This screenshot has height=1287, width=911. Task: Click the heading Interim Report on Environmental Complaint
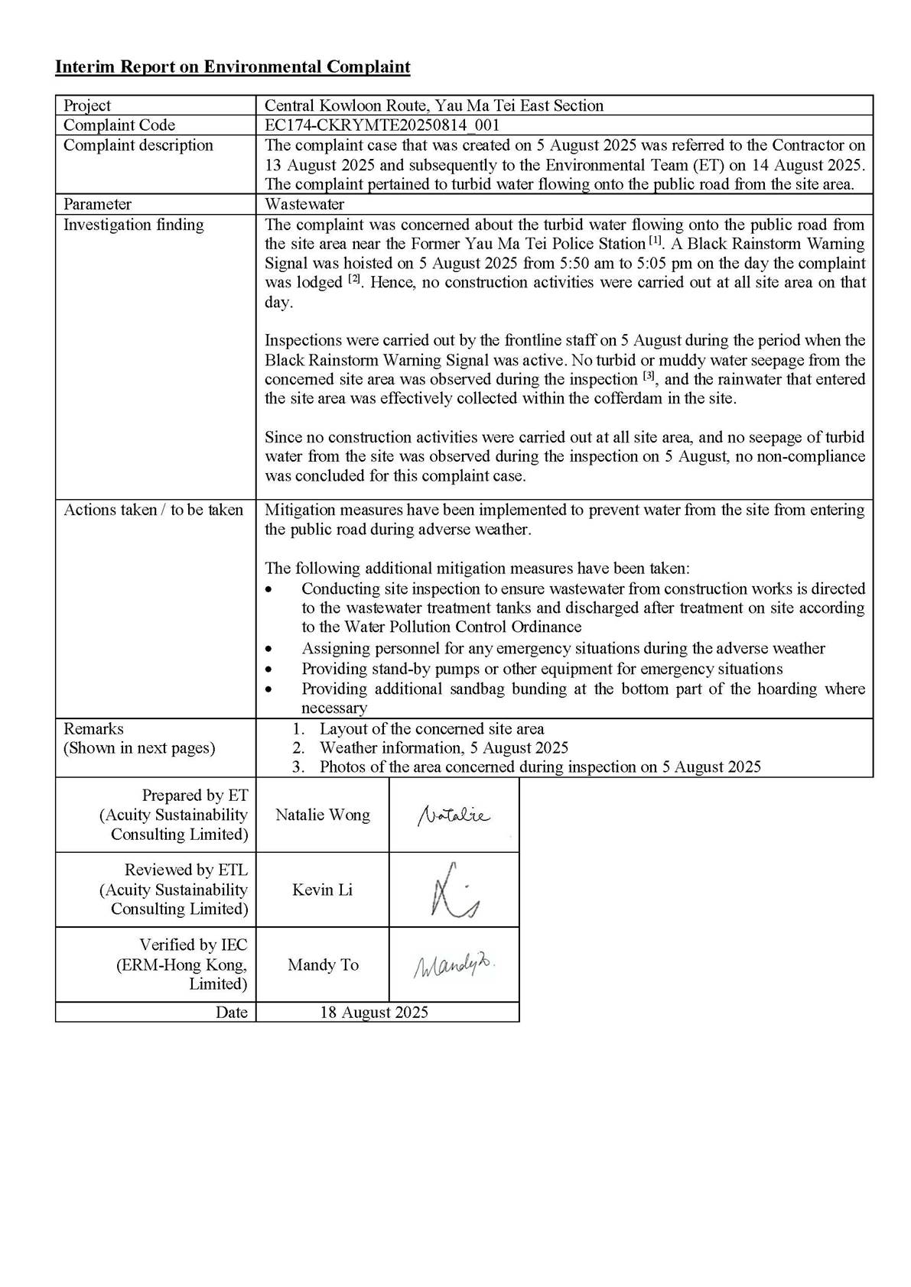coord(233,67)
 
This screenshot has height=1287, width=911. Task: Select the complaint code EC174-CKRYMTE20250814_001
coord(382,125)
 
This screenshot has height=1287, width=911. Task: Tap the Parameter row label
coord(97,204)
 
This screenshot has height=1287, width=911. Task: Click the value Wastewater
coord(304,204)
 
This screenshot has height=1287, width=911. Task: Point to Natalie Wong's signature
coord(454,816)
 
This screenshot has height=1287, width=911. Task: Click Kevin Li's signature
coord(454,890)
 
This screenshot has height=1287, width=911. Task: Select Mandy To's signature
coord(454,966)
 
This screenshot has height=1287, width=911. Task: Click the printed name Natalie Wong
coord(322,815)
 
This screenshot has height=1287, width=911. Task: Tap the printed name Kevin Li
coord(322,890)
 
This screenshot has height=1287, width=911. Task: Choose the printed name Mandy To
coord(322,964)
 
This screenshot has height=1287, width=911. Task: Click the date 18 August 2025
coord(373,1013)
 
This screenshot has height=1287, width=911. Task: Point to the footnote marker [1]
coord(656,242)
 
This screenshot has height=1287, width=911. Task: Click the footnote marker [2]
coord(353,280)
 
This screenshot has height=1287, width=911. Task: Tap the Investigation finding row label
coord(134,225)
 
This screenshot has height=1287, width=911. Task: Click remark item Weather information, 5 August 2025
coord(444,747)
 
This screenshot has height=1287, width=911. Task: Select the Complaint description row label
coord(138,145)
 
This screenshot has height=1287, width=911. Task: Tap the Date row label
coord(232,1013)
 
